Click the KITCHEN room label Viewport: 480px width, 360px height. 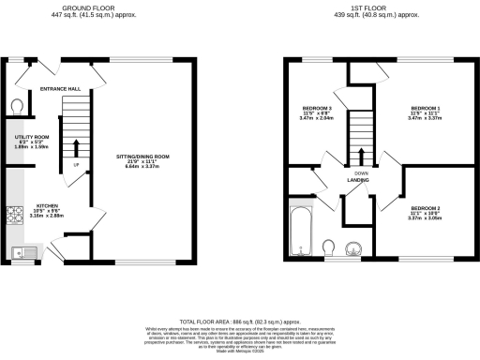click(x=49, y=205)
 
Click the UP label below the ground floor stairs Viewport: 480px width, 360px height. click(x=76, y=165)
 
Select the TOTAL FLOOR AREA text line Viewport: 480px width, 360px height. click(x=240, y=320)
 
